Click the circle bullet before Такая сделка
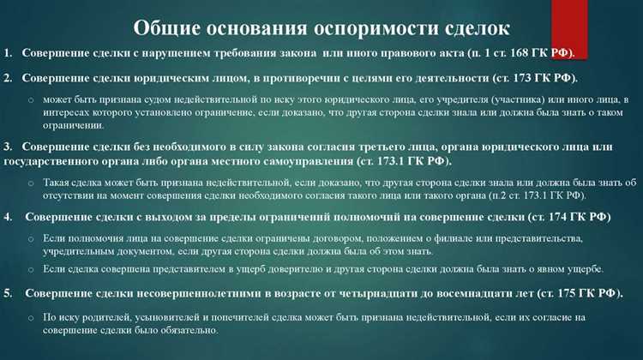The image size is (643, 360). coord(30,183)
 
